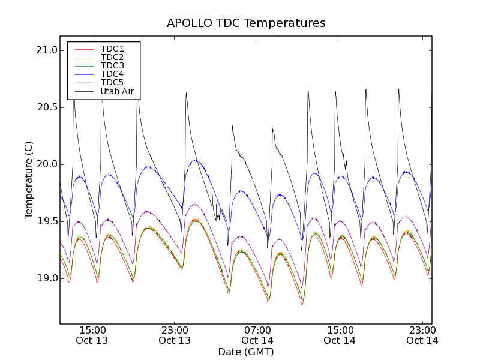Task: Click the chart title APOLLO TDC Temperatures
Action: coord(246,23)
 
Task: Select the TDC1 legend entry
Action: coord(112,49)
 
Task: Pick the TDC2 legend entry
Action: coord(112,57)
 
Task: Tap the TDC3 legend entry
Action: coord(112,65)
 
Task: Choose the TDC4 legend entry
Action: coord(112,74)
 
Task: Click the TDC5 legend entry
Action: coord(112,82)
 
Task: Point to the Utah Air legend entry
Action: coord(117,92)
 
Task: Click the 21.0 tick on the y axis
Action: coord(46,50)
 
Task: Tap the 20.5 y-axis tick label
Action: coord(46,107)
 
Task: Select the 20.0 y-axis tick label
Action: coord(46,164)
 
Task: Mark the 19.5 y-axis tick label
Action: coord(46,221)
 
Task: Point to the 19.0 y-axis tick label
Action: coord(46,278)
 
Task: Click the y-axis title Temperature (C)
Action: coord(29,180)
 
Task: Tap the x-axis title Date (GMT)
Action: coord(246,352)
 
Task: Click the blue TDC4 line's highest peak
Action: coord(195,160)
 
